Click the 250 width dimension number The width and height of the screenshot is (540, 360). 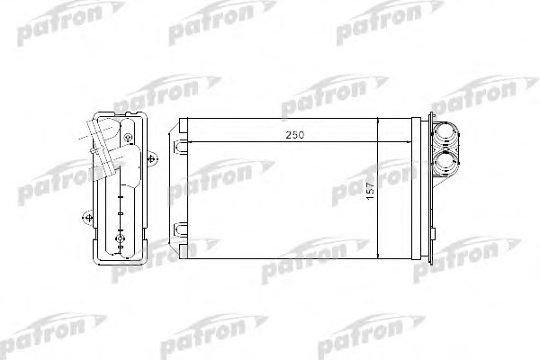[x=294, y=134]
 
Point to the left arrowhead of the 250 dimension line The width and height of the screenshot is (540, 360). [x=191, y=140]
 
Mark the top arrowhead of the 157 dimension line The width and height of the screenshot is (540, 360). [x=378, y=122]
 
